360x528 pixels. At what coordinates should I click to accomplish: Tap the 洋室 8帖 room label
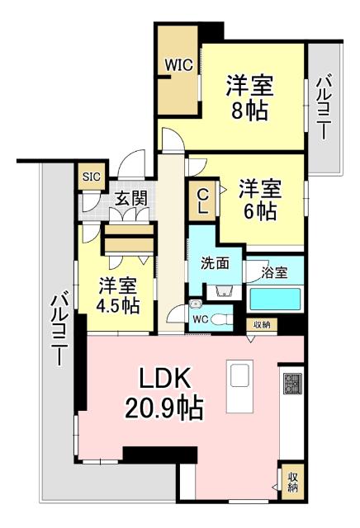[x=249, y=97]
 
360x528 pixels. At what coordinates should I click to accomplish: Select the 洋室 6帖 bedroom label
[x=260, y=200]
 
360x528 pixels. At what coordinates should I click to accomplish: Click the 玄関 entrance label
[x=130, y=199]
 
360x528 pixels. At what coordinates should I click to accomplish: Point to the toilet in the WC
[x=220, y=319]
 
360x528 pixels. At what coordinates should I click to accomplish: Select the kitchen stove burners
[x=292, y=383]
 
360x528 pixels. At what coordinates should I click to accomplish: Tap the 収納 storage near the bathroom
[x=262, y=325]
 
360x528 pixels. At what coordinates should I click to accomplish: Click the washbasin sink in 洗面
[x=220, y=290]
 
